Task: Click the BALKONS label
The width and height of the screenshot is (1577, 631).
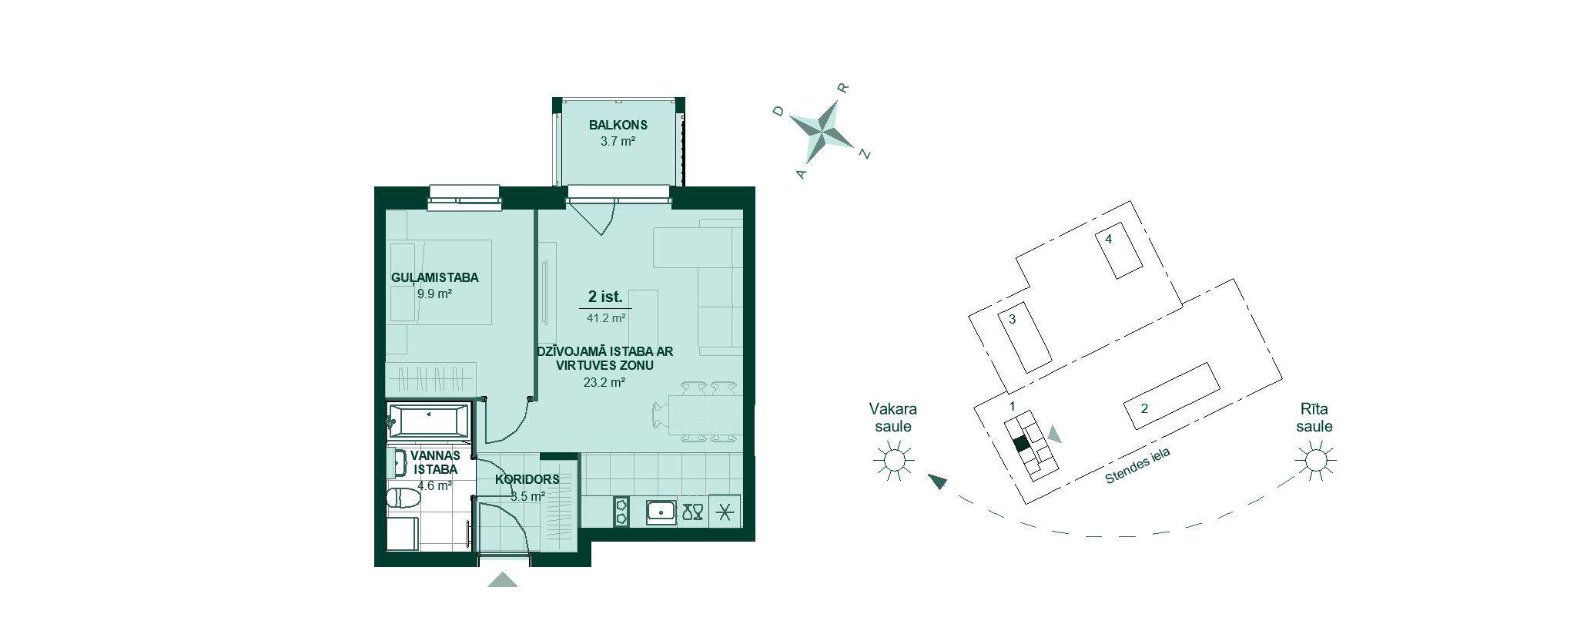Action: (618, 125)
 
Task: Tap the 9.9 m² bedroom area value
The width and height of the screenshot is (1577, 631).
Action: (434, 294)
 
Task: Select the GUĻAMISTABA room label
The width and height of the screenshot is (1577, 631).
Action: (434, 277)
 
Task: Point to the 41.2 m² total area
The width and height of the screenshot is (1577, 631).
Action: (605, 317)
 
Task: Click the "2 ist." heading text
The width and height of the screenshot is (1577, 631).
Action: (604, 297)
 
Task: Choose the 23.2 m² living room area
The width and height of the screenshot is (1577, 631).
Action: (604, 381)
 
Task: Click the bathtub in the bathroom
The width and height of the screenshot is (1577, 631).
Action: (428, 421)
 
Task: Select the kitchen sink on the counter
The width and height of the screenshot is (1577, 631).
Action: (661, 512)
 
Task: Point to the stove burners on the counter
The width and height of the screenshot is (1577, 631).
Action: (621, 512)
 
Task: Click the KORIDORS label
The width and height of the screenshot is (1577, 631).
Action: (527, 479)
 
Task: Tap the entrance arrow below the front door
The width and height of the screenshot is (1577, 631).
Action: (503, 579)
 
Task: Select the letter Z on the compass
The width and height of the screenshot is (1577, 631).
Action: (865, 154)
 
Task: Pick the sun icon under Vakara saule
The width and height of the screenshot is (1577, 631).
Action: (894, 461)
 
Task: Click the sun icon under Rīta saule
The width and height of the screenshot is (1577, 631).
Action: (1314, 461)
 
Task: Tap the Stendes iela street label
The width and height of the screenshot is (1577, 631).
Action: (1137, 466)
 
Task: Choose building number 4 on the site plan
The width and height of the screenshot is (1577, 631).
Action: (1109, 239)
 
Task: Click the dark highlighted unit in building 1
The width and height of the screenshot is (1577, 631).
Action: (1021, 444)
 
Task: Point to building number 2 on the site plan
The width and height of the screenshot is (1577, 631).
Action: (1144, 408)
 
